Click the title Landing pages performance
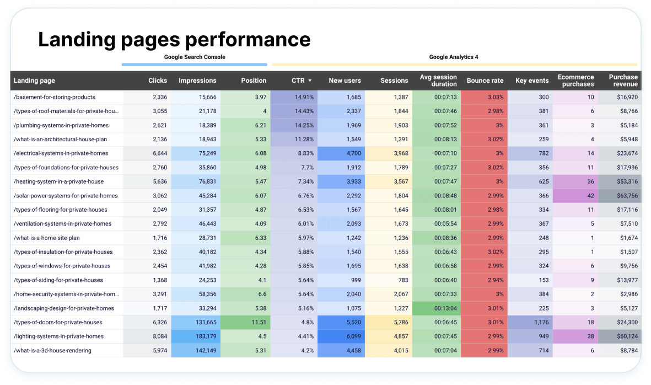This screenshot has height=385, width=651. pos(174,39)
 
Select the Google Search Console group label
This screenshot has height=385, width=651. pos(195,57)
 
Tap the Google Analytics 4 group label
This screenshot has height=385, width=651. pos(454,57)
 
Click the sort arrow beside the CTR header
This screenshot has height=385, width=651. pos(310,81)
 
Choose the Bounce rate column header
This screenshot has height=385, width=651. pos(485,81)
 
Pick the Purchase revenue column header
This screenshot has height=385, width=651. pos(623,81)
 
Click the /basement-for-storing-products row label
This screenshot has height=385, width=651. pos(55,97)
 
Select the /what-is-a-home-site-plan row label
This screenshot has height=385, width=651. pos(47,238)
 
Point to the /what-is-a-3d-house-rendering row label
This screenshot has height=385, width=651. pos(53,350)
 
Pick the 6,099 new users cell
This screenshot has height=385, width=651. pos(351,336)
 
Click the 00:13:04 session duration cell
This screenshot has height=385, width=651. pos(445,308)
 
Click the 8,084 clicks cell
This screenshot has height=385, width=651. pos(157,336)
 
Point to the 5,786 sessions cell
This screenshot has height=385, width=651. pos(397,322)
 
